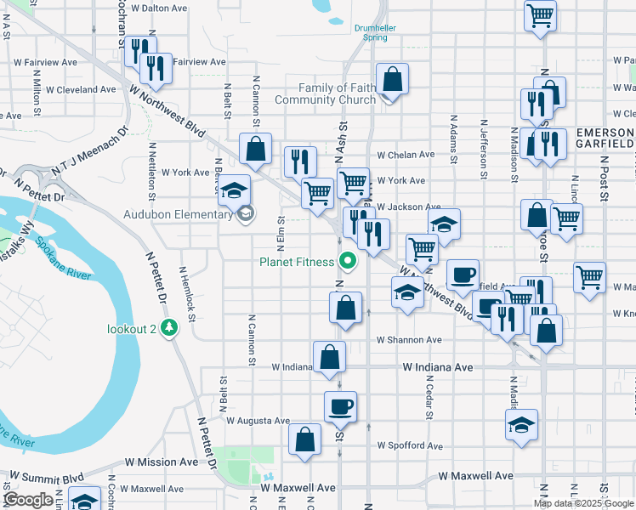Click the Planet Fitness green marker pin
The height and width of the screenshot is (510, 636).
[347, 261]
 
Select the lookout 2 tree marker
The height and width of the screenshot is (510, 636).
[169, 327]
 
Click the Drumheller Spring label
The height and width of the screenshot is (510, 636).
[376, 32]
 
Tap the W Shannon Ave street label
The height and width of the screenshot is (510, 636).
[409, 340]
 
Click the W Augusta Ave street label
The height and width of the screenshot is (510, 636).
[258, 421]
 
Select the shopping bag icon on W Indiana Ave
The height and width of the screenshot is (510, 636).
[329, 357]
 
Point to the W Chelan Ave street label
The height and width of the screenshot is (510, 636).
[406, 156]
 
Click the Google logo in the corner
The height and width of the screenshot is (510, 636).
[28, 500]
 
